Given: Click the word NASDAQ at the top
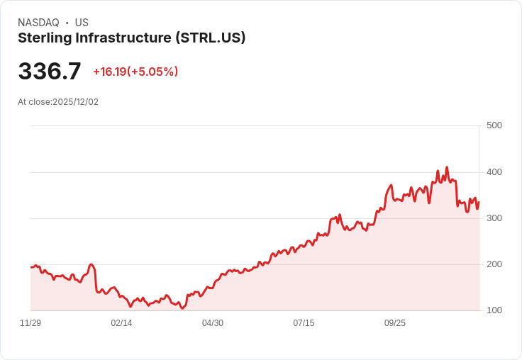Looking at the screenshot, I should pyautogui.click(x=38, y=23).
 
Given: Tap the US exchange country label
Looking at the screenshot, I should pyautogui.click(x=82, y=23).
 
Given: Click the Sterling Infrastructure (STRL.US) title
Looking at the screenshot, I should pyautogui.click(x=131, y=38).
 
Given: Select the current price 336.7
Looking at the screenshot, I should pyautogui.click(x=50, y=72).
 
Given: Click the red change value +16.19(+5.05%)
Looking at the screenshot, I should pyautogui.click(x=135, y=72).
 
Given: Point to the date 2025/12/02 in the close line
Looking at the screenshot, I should pyautogui.click(x=75, y=102).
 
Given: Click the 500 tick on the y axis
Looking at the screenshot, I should pyautogui.click(x=494, y=125).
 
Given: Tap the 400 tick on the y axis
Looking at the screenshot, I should pyautogui.click(x=494, y=172).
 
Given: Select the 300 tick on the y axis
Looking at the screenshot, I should pyautogui.click(x=494, y=218).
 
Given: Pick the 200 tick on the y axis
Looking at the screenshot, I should pyautogui.click(x=494, y=264).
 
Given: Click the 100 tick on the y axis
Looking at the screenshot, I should pyautogui.click(x=494, y=310).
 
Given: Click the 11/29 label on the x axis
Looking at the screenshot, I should pyautogui.click(x=30, y=323).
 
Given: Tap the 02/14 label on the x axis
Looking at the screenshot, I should pyautogui.click(x=121, y=323).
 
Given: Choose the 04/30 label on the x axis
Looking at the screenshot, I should pyautogui.click(x=213, y=323).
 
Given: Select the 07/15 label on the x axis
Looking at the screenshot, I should pyautogui.click(x=304, y=323).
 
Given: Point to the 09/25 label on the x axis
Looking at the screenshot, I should pyautogui.click(x=395, y=323).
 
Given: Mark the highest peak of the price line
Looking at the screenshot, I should pyautogui.click(x=447, y=167).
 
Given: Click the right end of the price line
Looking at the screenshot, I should pyautogui.click(x=479, y=202).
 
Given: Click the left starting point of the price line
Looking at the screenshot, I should pyautogui.click(x=30, y=266).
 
